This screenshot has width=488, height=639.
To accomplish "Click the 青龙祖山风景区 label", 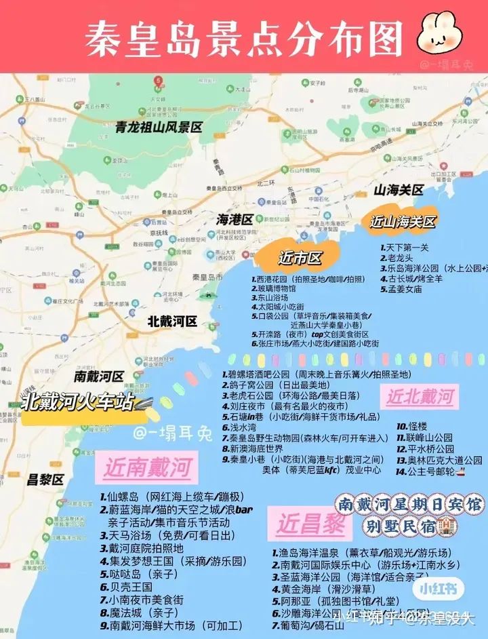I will [159, 126].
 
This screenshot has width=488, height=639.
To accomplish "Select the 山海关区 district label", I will [399, 190].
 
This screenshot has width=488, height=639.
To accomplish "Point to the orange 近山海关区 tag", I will [402, 222].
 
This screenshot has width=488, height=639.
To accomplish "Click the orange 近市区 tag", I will [299, 258].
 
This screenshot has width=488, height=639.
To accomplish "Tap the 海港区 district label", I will [234, 220].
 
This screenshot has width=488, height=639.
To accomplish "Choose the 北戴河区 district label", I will [172, 322].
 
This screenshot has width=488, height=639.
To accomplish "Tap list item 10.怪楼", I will [413, 426].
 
